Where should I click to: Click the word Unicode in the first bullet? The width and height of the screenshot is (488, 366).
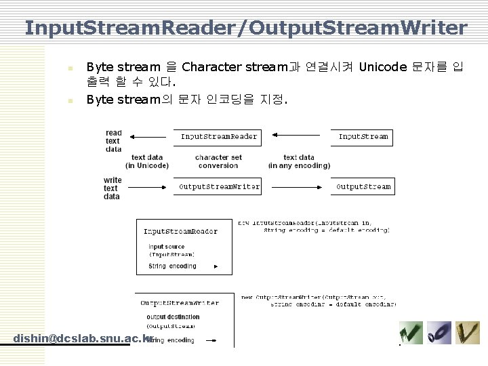[382, 67]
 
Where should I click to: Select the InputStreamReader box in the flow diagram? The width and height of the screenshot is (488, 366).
[218, 137]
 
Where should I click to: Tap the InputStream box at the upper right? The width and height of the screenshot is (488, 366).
[364, 137]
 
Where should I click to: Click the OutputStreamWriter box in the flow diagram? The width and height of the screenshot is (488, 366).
[218, 186]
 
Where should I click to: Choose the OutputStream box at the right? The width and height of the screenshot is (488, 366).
[364, 186]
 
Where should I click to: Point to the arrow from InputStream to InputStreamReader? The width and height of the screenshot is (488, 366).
[299, 138]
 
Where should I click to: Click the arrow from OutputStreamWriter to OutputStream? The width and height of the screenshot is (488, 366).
[299, 186]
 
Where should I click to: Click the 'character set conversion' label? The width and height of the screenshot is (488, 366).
[218, 161]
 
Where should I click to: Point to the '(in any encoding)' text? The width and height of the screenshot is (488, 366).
[299, 165]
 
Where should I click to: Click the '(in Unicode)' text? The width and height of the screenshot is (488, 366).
[147, 165]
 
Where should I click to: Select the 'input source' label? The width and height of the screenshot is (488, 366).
[166, 247]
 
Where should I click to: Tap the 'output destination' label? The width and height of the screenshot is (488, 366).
[173, 317]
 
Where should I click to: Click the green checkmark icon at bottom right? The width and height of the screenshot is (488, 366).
[411, 333]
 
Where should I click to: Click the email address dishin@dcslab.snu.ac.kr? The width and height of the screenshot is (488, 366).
[83, 338]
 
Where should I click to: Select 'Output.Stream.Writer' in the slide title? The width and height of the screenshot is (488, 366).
[361, 28]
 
